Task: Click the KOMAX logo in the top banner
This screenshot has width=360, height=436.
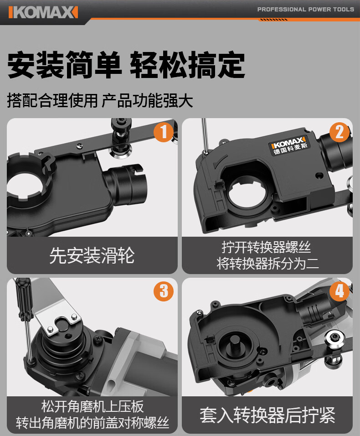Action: coord(43,12)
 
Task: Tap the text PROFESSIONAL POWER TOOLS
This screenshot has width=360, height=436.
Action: coord(306,10)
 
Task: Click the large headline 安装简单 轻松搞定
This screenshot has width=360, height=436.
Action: coord(126,65)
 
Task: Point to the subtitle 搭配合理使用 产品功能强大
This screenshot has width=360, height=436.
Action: coord(100,100)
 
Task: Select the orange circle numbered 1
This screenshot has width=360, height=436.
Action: coord(164,132)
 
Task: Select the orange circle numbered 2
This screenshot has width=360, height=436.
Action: coord(339,132)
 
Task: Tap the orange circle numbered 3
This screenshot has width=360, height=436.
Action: coord(164,291)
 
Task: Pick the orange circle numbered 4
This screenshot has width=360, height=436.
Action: coord(339,291)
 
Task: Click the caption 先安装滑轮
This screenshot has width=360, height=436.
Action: coord(92,255)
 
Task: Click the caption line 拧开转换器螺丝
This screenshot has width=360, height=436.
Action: coord(267,247)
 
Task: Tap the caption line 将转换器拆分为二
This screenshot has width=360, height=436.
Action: coord(268,263)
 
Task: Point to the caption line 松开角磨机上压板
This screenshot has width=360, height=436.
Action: coord(93,406)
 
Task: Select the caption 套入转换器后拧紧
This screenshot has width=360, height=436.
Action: coord(267,415)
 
